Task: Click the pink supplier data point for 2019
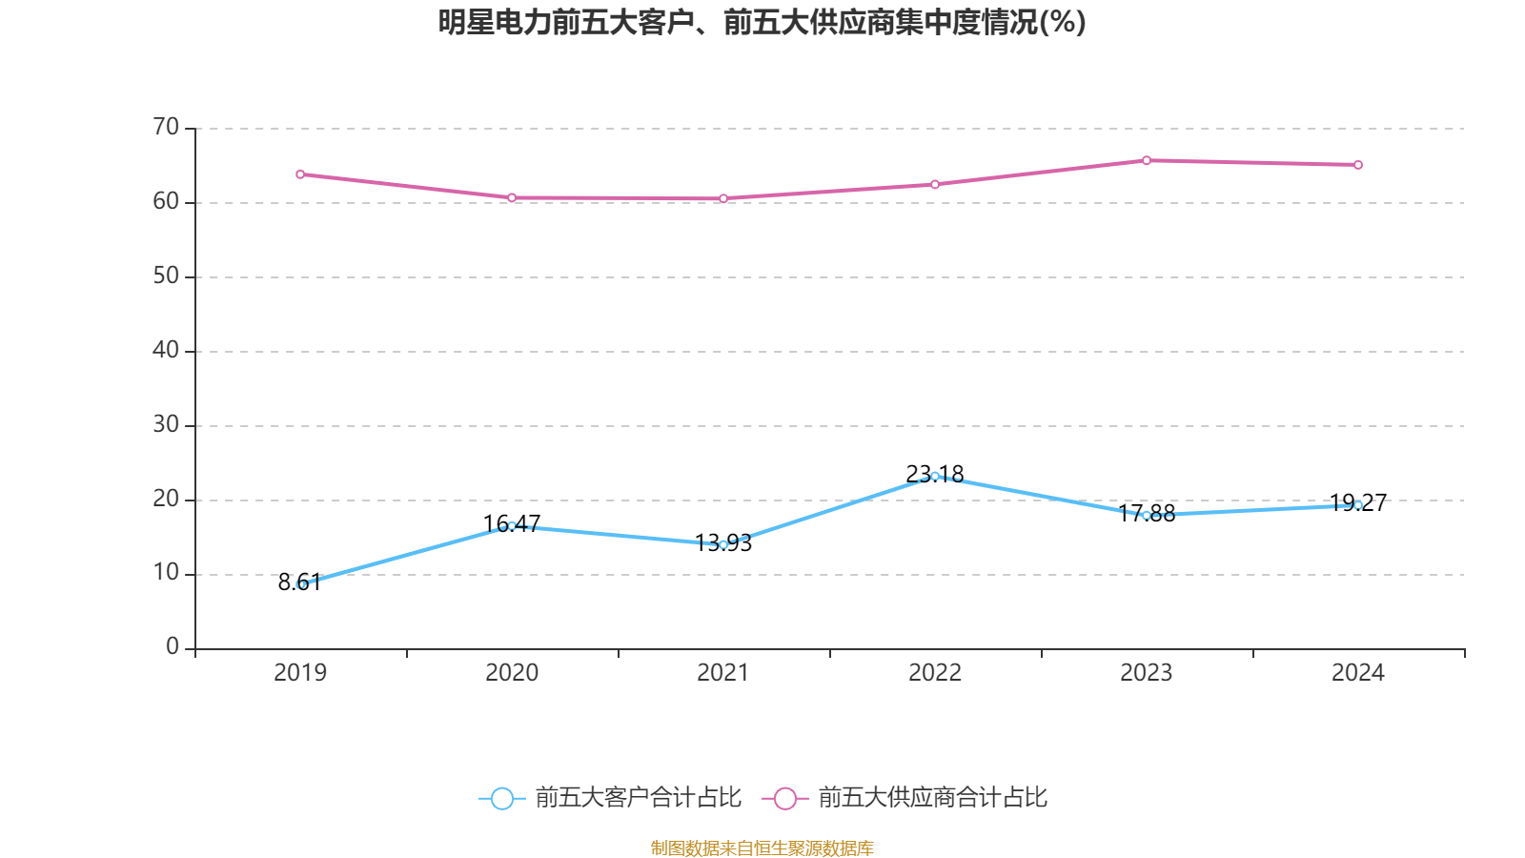tap(300, 174)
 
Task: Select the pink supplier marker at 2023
tap(1147, 160)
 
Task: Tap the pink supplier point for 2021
tap(723, 198)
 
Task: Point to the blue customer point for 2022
tap(935, 476)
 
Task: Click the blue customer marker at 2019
tap(300, 584)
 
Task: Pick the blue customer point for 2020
tap(512, 525)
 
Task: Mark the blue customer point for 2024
tap(1358, 505)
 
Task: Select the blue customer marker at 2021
tap(723, 544)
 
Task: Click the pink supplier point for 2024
tap(1358, 165)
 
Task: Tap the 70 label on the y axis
tap(166, 127)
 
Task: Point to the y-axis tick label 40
tap(166, 350)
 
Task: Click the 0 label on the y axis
tap(173, 647)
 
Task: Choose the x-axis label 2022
tap(935, 673)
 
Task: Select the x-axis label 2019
tap(300, 673)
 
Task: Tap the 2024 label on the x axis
tap(1358, 673)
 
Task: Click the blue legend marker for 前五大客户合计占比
tap(501, 799)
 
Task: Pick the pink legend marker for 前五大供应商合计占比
tap(785, 799)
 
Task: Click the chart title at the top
tap(762, 22)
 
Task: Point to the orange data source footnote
tap(762, 848)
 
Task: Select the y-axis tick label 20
tap(166, 499)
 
